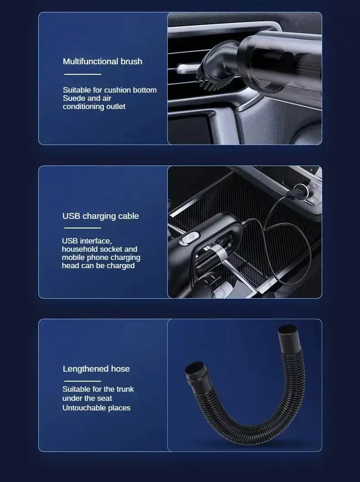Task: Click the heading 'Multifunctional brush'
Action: click(x=103, y=61)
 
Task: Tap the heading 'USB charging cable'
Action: click(x=101, y=216)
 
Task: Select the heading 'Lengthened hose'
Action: click(x=96, y=368)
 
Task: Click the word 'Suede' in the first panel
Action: click(x=73, y=98)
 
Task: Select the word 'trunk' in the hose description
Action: click(x=124, y=389)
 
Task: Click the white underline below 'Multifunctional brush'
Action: click(x=82, y=74)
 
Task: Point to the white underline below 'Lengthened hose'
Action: click(x=82, y=381)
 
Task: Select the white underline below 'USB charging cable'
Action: click(x=82, y=228)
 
